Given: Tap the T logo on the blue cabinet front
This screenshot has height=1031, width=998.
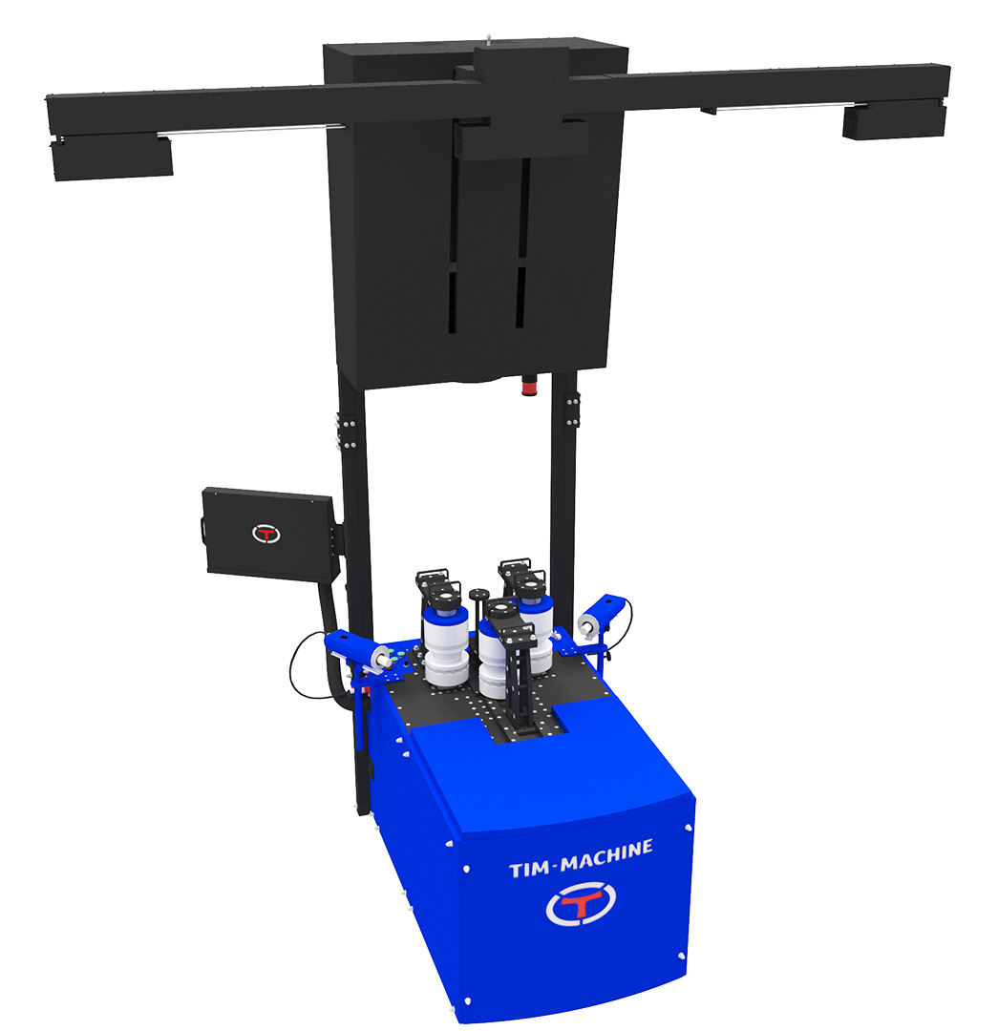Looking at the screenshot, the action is pos(581,903).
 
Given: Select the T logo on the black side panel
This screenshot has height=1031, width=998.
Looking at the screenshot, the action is pos(265,534).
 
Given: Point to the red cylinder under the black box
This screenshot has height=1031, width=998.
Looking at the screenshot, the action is pos(529,384).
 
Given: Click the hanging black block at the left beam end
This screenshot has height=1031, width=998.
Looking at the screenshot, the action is pos(112,158).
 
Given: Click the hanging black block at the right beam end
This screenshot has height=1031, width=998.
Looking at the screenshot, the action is pos(894,122).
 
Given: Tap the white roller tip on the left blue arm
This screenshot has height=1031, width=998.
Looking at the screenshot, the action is pos(380,658).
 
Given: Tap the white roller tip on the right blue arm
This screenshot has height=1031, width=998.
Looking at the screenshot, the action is pos(587,625).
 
